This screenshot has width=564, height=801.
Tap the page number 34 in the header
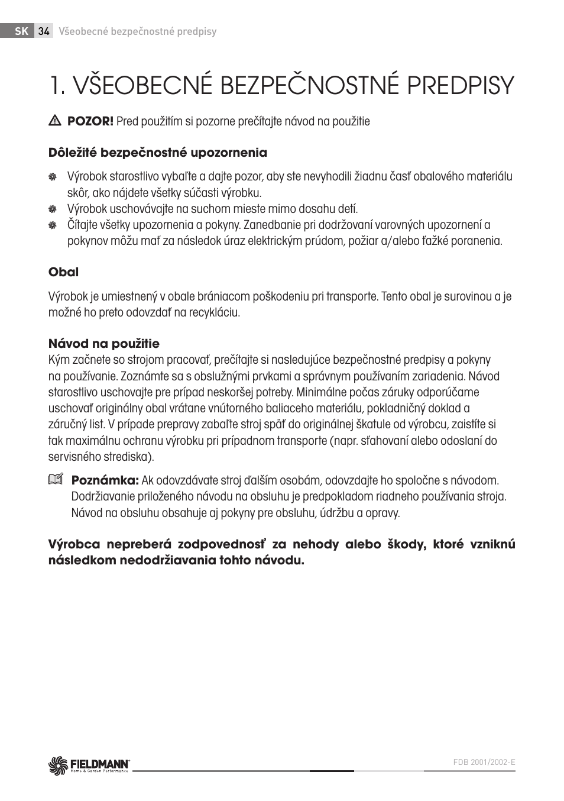tap(44, 31)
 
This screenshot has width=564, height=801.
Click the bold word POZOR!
tap(90, 121)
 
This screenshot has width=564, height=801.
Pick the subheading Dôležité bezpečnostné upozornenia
tap(157, 153)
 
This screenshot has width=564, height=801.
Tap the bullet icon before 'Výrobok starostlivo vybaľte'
tap(53, 177)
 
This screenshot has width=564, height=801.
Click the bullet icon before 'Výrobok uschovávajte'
tap(53, 209)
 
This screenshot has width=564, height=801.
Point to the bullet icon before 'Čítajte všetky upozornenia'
tap(53, 225)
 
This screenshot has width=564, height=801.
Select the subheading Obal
tap(63, 272)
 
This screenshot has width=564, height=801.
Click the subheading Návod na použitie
tap(103, 344)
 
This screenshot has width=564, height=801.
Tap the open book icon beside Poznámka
tap(55, 480)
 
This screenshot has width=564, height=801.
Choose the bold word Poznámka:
tap(105, 480)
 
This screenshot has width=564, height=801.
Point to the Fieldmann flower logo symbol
tap(59, 765)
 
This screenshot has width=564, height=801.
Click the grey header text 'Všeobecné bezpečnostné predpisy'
tap(137, 31)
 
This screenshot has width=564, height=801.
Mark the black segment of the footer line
tap(331, 771)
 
